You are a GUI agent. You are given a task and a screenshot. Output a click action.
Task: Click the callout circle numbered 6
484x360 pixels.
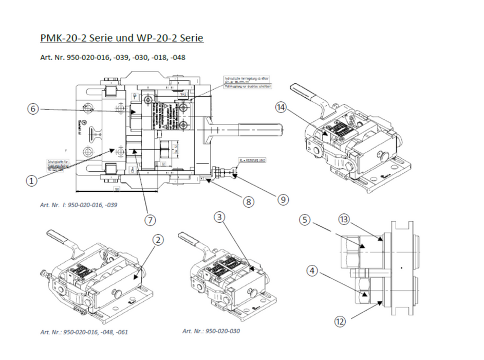click(x=33, y=110)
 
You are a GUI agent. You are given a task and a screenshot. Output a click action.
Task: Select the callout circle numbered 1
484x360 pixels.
click(x=31, y=181)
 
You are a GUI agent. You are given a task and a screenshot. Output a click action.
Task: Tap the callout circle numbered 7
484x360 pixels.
click(x=150, y=220)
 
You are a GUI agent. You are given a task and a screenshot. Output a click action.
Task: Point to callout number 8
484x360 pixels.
click(x=249, y=202)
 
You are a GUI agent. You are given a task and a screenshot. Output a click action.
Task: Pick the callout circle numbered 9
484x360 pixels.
click(x=283, y=200)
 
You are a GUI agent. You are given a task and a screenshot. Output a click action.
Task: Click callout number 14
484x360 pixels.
click(x=280, y=107)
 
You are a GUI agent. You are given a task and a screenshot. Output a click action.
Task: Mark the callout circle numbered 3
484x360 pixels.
click(x=219, y=218)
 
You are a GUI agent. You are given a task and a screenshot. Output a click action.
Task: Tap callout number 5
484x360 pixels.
click(x=305, y=220)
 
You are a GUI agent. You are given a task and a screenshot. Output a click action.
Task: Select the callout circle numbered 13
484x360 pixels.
click(x=344, y=220)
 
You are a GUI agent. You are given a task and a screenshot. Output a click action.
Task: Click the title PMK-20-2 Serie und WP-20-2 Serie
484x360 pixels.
click(x=122, y=39)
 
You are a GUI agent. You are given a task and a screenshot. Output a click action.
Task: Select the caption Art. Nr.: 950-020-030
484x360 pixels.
click(x=211, y=331)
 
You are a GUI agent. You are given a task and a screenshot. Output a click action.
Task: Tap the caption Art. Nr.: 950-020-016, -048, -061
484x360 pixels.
click(x=84, y=332)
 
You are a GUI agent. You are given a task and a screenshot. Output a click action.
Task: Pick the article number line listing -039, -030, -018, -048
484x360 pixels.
click(x=113, y=58)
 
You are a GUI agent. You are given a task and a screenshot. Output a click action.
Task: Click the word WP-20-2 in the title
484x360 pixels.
click(x=155, y=39)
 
